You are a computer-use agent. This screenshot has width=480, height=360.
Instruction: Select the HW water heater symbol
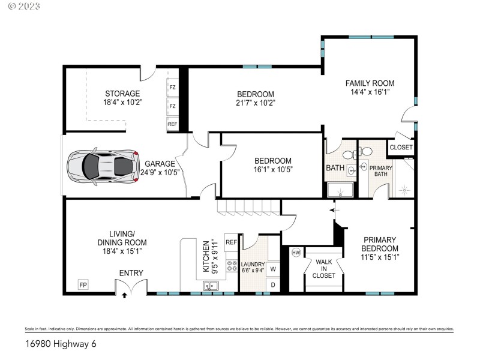point(295,253)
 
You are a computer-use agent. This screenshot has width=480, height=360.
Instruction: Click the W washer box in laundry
point(272,269)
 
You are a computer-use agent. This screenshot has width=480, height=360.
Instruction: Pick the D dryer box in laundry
point(272,284)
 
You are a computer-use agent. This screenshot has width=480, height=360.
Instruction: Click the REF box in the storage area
point(172,124)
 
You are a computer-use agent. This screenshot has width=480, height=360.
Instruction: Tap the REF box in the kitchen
point(231,242)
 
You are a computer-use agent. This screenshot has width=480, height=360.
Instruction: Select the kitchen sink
point(211,286)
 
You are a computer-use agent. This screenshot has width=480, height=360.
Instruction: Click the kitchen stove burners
point(231,266)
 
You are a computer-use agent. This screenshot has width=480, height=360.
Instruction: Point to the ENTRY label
point(131,274)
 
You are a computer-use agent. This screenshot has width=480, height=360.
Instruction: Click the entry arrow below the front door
point(125,295)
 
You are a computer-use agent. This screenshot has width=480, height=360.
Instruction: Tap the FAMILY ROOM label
point(369,83)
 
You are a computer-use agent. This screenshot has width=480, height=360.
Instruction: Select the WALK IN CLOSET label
point(323,268)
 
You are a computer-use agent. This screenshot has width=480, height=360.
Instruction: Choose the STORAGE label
point(122,94)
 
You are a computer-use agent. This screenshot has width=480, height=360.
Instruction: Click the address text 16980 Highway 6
point(60,344)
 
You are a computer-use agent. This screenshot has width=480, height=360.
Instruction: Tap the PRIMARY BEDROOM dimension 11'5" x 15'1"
point(380,257)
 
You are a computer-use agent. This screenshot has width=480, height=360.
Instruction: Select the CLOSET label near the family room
point(401,148)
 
